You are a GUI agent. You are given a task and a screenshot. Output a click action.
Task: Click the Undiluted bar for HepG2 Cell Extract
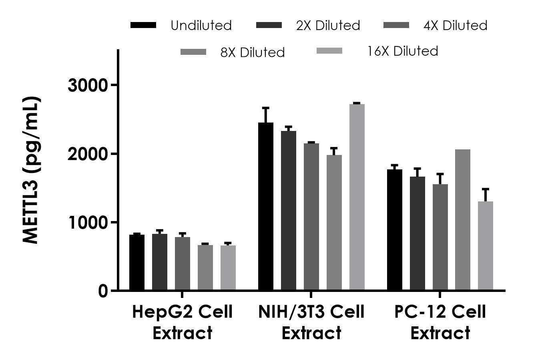point(137,262)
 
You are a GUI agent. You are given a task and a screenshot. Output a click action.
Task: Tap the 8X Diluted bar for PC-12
point(463,220)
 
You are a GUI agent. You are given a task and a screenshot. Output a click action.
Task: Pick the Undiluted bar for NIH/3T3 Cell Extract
point(266,206)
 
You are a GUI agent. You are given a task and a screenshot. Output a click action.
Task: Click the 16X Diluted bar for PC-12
point(486,245)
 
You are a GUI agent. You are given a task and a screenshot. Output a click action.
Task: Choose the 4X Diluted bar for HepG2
point(183,263)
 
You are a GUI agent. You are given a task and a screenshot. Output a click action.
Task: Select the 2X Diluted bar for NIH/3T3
point(289,210)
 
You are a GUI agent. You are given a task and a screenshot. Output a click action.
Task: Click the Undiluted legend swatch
point(143,25)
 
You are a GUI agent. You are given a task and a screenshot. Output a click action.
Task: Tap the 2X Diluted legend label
point(328,26)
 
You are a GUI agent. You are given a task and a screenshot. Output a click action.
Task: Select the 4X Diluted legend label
point(455,26)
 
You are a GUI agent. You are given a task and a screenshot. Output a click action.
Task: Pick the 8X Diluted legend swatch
point(193,52)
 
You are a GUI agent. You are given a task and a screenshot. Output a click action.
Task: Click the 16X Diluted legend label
point(403,51)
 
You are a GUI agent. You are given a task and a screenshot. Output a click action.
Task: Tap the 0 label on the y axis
point(103,291)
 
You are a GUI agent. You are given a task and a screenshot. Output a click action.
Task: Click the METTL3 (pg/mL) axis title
point(31,170)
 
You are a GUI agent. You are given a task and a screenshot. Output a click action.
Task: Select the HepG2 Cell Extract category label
point(182,322)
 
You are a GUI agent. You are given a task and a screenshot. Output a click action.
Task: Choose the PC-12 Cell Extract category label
point(440,322)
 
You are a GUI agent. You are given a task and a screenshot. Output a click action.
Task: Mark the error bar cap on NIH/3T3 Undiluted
point(266,108)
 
